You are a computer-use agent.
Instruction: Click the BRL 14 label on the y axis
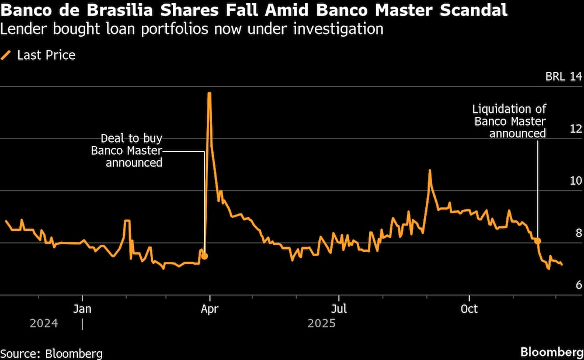click(x=563, y=77)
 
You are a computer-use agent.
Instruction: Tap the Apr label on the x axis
click(x=210, y=309)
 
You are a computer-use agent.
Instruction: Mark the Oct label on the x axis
click(x=469, y=309)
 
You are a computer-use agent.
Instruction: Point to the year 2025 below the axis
click(x=322, y=323)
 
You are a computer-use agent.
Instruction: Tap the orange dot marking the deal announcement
click(x=204, y=256)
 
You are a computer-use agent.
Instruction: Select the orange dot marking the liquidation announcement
click(x=537, y=241)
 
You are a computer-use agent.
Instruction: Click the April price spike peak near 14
click(x=209, y=93)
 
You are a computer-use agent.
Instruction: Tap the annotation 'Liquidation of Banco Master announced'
click(x=509, y=122)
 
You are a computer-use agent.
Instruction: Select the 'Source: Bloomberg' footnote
click(x=51, y=353)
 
